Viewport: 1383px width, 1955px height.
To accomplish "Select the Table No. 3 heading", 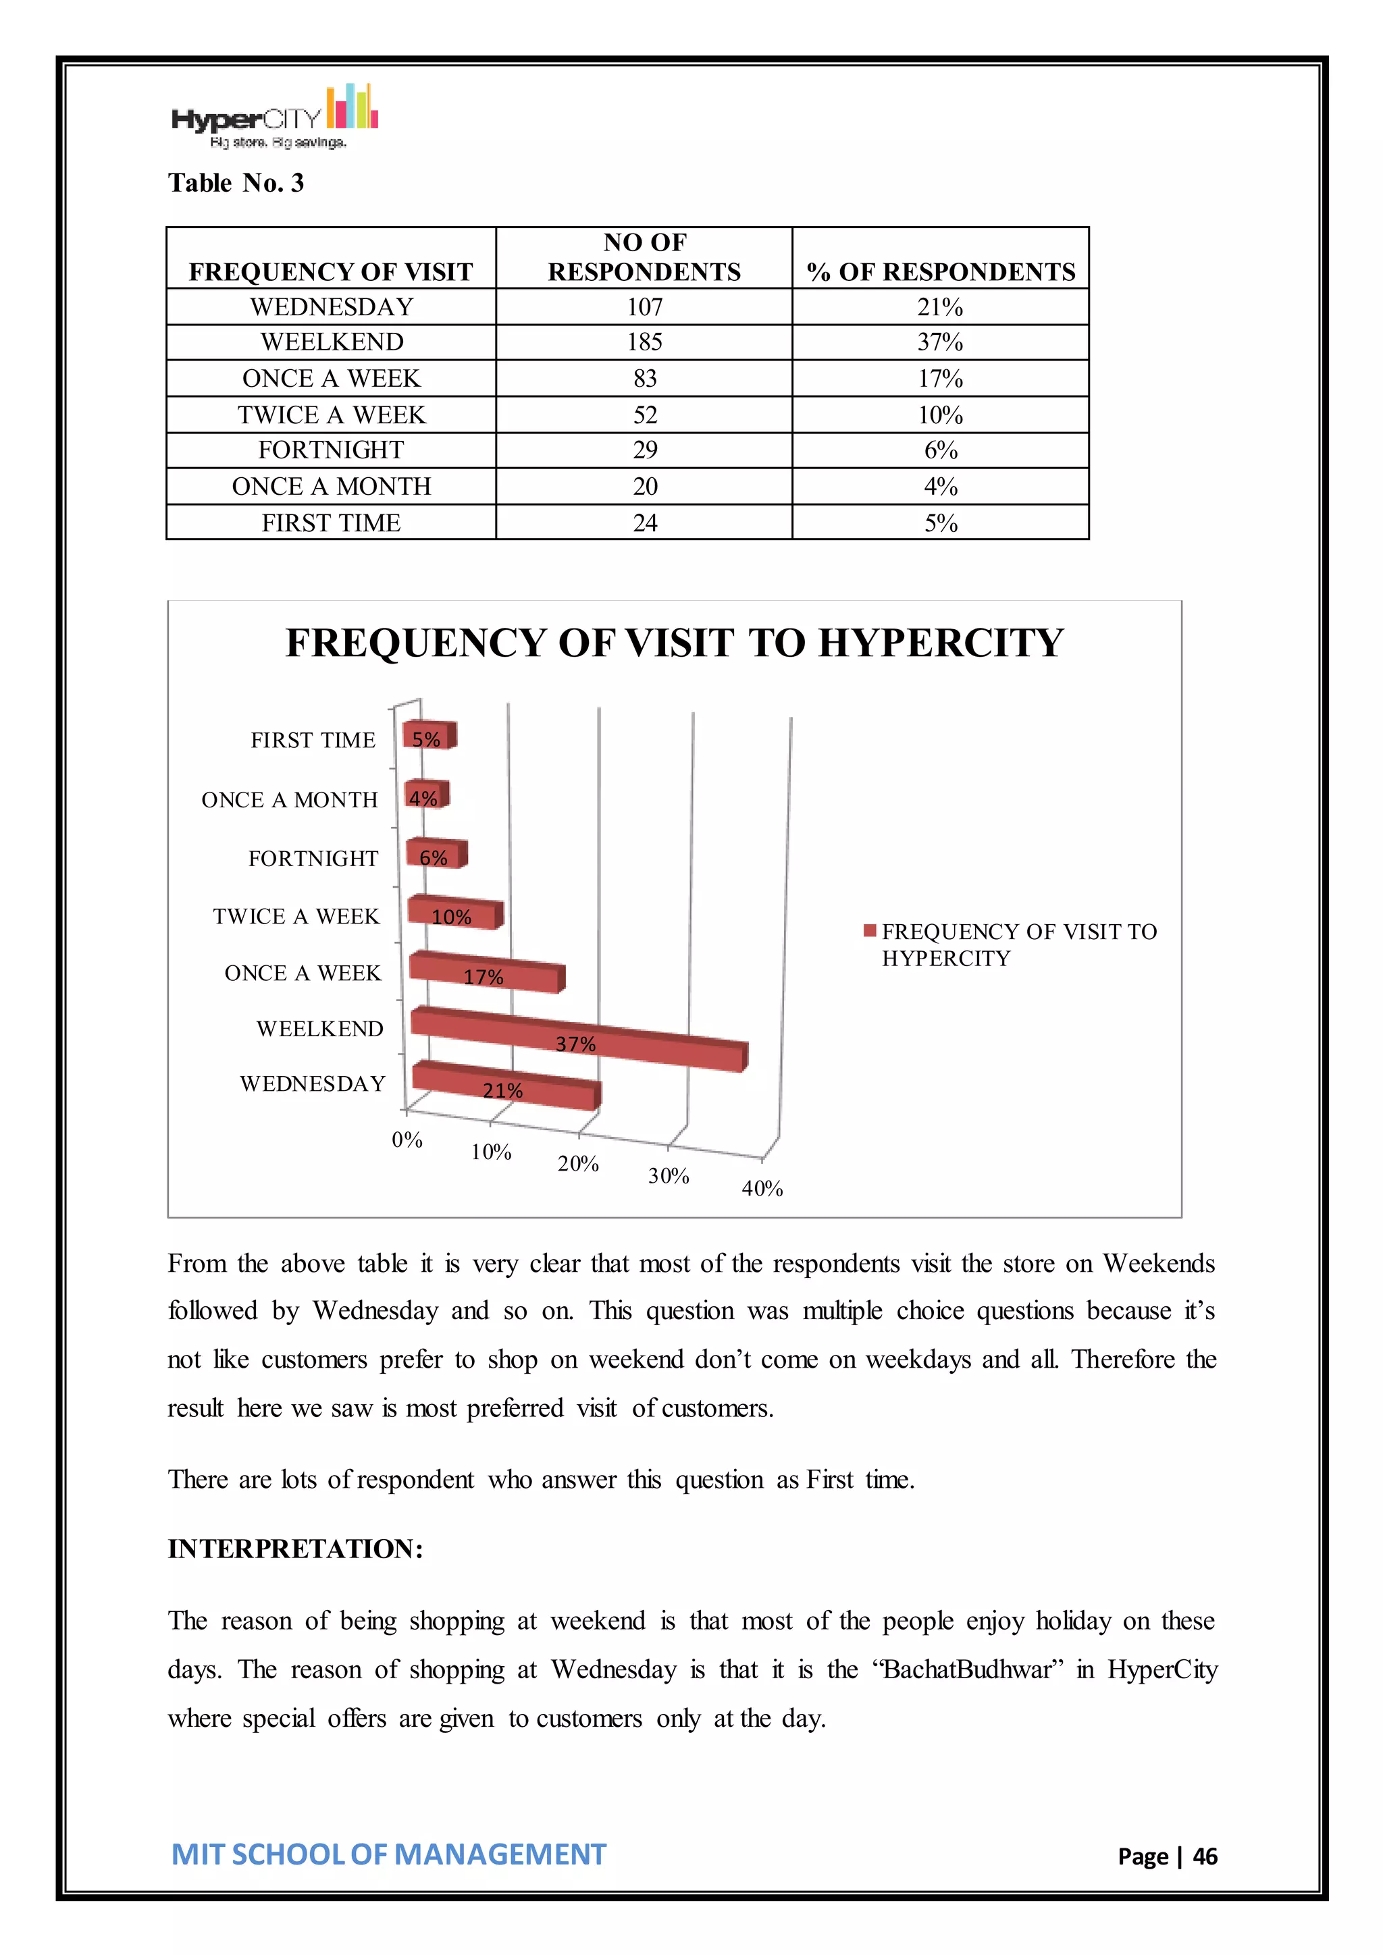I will click(236, 183).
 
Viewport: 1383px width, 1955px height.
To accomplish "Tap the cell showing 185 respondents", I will click(645, 342).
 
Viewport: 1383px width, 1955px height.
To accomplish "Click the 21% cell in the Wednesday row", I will click(940, 306).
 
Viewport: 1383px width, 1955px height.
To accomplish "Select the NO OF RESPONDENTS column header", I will click(645, 257).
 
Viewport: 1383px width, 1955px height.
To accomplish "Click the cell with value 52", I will click(645, 414).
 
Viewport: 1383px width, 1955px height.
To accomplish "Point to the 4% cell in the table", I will click(940, 486).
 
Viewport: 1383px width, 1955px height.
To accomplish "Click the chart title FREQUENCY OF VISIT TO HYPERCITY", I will click(674, 642).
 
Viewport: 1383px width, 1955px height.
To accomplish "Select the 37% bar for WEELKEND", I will click(579, 1040).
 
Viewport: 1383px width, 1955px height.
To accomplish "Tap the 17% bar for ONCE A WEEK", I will click(486, 974).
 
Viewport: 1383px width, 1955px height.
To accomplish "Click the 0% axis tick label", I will click(407, 1140).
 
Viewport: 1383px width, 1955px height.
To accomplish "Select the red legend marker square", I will click(870, 931).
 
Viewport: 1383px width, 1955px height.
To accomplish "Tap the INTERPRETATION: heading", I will click(294, 1548).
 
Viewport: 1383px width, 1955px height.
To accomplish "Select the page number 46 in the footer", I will click(1204, 1856).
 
